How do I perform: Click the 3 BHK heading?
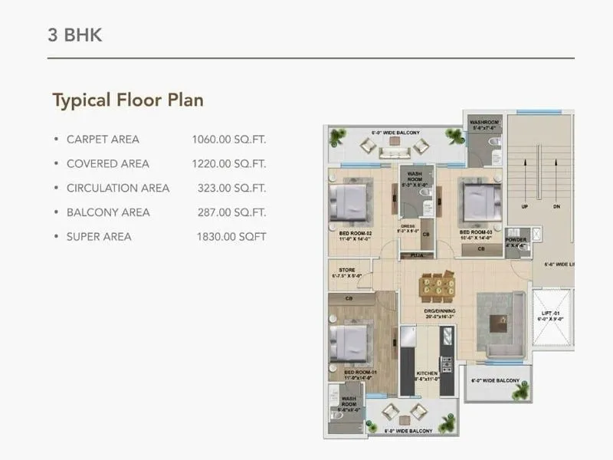(74, 35)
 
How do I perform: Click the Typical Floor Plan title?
(127, 100)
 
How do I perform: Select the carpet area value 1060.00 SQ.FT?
(228, 140)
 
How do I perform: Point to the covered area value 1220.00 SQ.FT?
(228, 164)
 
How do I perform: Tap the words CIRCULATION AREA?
(118, 188)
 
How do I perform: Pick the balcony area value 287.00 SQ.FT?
(231, 212)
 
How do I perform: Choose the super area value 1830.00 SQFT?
(231, 237)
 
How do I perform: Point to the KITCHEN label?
(427, 373)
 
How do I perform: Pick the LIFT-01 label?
(552, 314)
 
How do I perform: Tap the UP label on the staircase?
(525, 207)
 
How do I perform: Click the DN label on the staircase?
(557, 207)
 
